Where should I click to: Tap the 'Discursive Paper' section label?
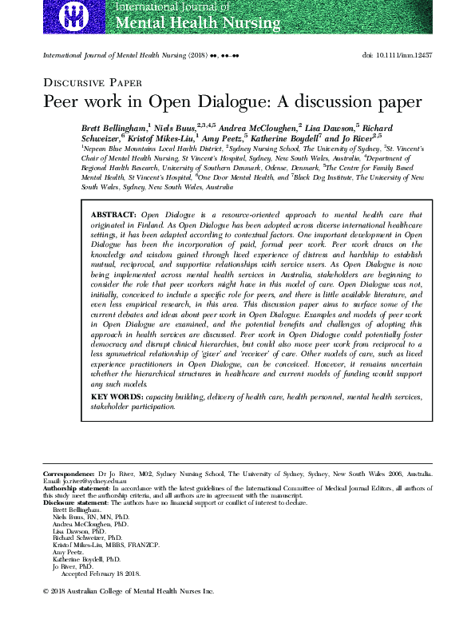click(93, 82)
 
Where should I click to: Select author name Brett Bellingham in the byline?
click(114, 128)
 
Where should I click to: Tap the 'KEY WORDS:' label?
click(117, 396)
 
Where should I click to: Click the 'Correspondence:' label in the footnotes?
click(69, 473)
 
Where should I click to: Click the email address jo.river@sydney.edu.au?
click(85, 481)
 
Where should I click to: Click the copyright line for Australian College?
click(128, 592)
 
